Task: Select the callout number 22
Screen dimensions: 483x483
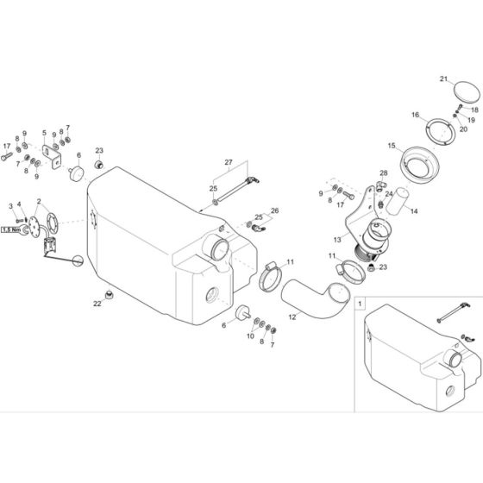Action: click(x=97, y=304)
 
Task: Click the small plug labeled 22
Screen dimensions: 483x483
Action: click(x=110, y=298)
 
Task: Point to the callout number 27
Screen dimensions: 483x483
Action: click(x=229, y=162)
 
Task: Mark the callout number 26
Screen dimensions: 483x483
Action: click(x=276, y=210)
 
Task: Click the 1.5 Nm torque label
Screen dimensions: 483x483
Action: click(x=10, y=229)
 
